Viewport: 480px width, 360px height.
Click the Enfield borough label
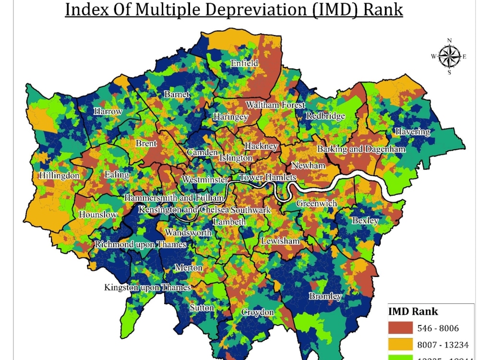(x=244, y=63)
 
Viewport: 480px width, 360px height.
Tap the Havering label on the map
(x=412, y=132)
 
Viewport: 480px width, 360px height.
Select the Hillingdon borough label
(x=60, y=176)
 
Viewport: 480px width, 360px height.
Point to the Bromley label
(x=325, y=296)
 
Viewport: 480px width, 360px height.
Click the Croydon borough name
(x=257, y=312)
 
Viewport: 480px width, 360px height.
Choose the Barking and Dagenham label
(x=361, y=149)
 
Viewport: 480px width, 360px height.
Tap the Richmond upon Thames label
(x=140, y=244)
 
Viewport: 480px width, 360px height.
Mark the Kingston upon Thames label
(x=147, y=288)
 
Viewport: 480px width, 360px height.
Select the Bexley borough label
(x=365, y=221)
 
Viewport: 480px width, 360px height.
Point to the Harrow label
(x=108, y=111)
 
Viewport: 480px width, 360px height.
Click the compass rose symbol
(x=449, y=57)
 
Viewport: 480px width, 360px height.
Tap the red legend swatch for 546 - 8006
(x=400, y=328)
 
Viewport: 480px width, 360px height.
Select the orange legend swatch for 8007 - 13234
(x=400, y=345)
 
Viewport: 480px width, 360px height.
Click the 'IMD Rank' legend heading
(x=413, y=311)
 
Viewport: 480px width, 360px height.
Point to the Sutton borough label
(x=202, y=308)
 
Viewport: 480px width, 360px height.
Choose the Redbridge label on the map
(x=325, y=116)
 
